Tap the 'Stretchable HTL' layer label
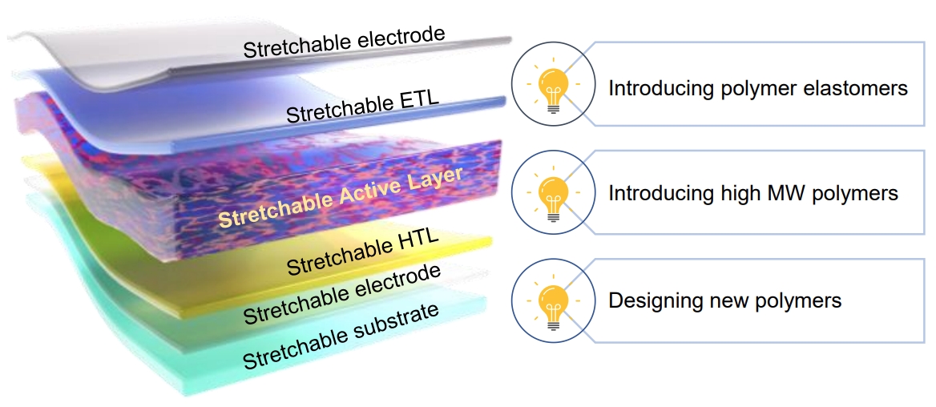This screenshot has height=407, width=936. pos(364,254)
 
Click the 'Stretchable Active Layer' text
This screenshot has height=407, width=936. pos(340,198)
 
